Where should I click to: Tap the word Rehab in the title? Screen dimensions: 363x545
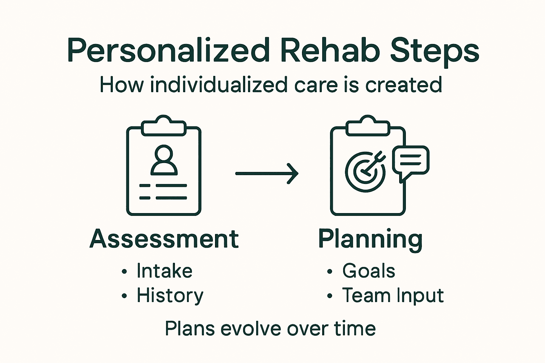330,50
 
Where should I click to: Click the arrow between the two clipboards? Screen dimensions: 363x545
267,173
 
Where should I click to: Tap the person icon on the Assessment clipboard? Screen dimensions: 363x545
164,160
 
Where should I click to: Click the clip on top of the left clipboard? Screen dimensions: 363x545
164,126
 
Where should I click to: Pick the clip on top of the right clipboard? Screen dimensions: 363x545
368,126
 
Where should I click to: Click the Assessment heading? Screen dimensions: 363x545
164,239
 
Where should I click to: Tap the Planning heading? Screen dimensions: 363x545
370,240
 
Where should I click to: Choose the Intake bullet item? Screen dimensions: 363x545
164,271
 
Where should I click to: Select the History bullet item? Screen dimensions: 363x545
170,296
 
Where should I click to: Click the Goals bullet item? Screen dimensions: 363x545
368,271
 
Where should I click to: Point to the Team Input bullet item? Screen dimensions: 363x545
392,296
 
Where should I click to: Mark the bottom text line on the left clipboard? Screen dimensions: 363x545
164,198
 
